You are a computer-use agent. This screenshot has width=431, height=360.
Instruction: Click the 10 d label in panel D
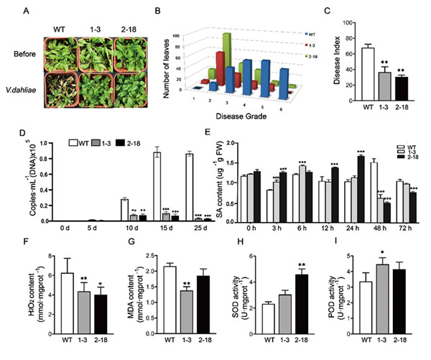click(123, 232)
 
